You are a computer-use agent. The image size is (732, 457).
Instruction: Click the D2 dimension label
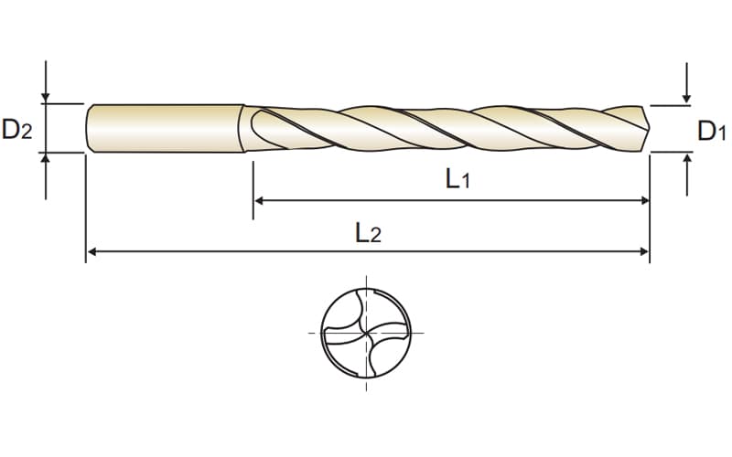pos(17,130)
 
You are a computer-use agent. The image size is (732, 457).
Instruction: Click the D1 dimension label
pos(712,131)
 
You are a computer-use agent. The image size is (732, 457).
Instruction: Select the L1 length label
pos(457,178)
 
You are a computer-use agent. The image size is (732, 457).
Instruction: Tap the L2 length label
pos(369,233)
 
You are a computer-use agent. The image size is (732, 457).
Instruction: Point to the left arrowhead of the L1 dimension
pos(259,201)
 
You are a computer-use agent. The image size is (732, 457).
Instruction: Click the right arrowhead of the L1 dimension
pos(645,201)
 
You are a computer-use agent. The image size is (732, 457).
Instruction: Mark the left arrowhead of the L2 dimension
pos(92,252)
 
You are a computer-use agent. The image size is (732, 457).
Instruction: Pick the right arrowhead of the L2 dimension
pos(645,252)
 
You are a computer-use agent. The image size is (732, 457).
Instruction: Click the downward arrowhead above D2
pos(45,98)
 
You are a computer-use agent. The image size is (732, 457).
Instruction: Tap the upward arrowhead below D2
pos(45,158)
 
